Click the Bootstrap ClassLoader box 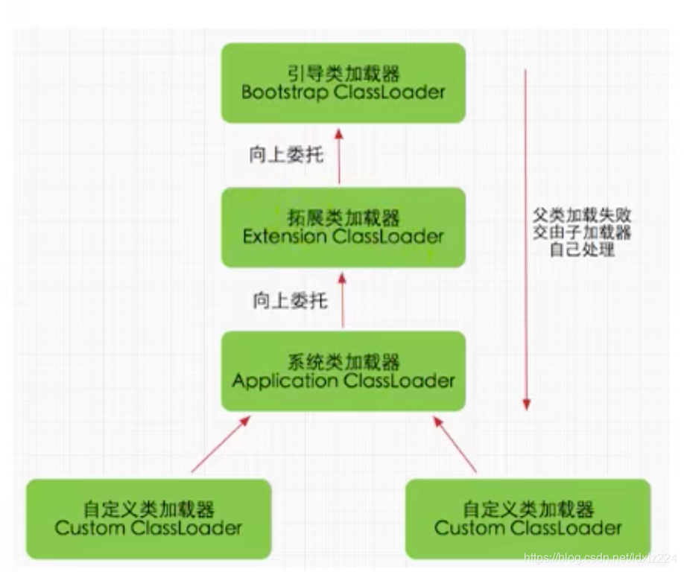(343, 83)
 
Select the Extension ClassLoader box (343, 227)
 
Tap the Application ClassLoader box (343, 371)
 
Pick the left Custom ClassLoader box (149, 518)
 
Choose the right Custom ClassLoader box (528, 518)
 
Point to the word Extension (285, 237)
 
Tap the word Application (285, 381)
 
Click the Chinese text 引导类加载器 (343, 73)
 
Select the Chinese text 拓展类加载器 (343, 217)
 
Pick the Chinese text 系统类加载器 (343, 362)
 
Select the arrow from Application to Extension (343, 299)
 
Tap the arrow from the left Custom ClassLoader (221, 445)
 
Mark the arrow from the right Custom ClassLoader (455, 444)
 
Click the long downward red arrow (526, 238)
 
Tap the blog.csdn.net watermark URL (600, 557)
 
